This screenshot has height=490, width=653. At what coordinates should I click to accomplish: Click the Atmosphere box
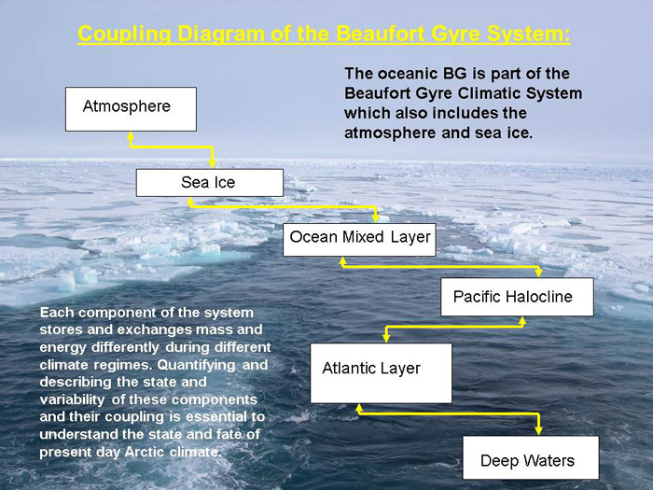[131, 109]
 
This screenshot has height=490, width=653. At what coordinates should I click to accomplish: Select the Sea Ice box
[210, 183]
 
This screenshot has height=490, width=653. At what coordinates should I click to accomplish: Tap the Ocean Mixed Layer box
[359, 240]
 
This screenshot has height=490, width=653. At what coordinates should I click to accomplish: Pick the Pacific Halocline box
[517, 297]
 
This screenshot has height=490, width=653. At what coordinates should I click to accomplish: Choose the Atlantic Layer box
[381, 373]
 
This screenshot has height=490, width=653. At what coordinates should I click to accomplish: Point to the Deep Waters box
[531, 457]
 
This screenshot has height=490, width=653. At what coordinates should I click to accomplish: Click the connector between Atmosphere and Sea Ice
[171, 147]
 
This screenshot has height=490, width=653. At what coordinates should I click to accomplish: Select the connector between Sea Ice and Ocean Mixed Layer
[284, 206]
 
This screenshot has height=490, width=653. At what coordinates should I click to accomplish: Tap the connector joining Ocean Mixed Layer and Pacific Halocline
[440, 267]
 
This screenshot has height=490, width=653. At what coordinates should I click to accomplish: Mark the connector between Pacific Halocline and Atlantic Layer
[454, 327]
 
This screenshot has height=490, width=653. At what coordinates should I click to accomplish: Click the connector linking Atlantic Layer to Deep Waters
[449, 413]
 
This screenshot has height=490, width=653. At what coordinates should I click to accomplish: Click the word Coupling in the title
[124, 35]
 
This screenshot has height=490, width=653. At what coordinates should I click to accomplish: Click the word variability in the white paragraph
[72, 400]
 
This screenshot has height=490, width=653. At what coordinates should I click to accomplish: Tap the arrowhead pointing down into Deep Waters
[538, 430]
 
